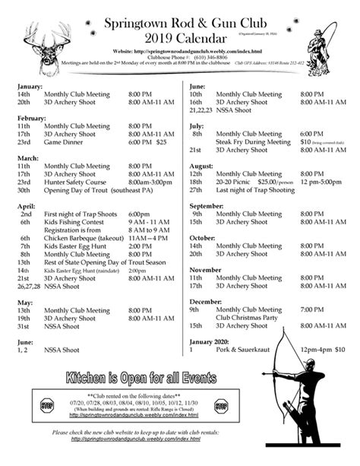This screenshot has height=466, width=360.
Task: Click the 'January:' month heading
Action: point(31,87)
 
